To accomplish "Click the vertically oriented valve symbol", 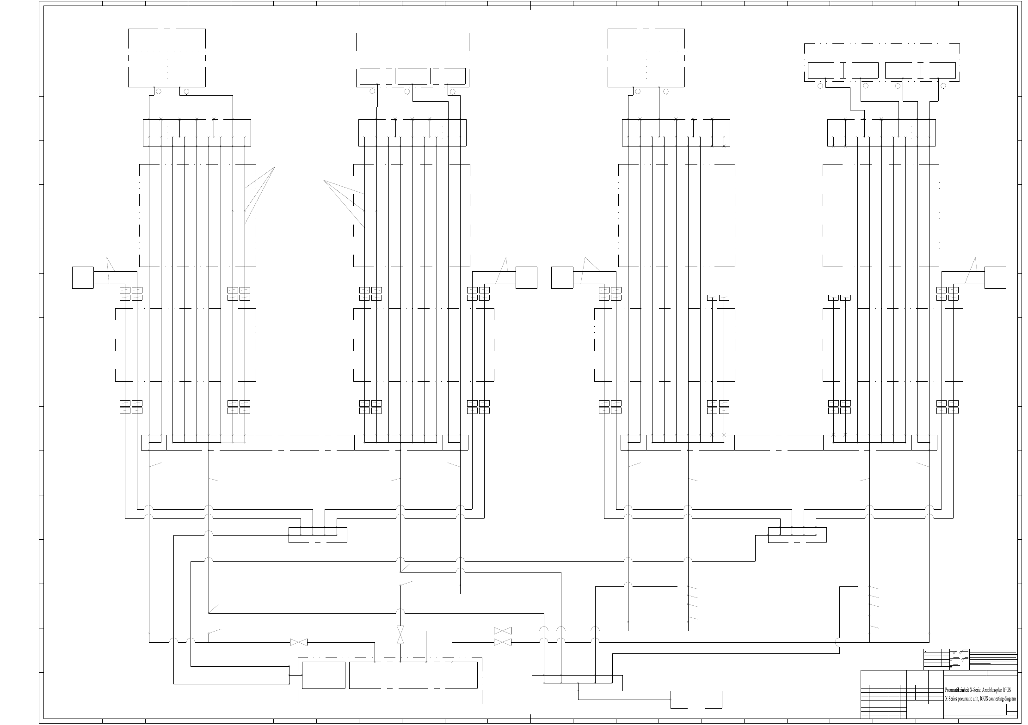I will [400, 635].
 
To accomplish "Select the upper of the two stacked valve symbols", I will [502, 631].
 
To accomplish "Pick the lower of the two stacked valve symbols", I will [502, 642].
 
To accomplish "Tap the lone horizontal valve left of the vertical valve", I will [298, 642].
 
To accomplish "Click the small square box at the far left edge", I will [83, 278].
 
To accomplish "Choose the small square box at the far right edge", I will [995, 278].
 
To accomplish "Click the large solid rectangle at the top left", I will [167, 58].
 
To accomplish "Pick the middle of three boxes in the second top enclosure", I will [412, 76].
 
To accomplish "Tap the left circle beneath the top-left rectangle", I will [159, 91].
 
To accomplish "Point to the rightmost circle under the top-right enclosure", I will [943, 86].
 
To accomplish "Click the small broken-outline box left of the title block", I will [696, 700].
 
